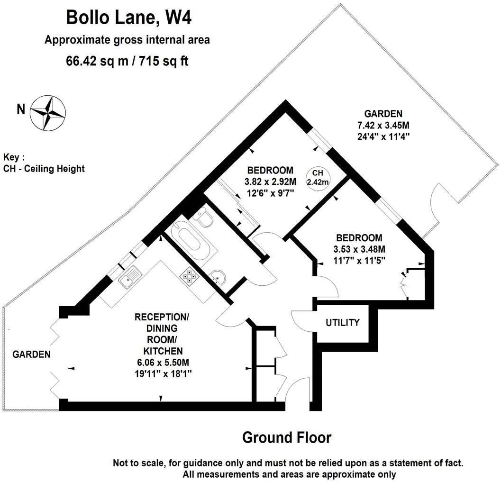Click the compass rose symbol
tap(48, 112)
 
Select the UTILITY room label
tap(342, 323)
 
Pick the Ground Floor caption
tap(287, 437)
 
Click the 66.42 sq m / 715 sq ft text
tap(127, 62)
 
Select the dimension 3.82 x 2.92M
tap(270, 181)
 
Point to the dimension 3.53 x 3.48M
tap(358, 249)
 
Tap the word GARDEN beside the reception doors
tap(31, 354)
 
